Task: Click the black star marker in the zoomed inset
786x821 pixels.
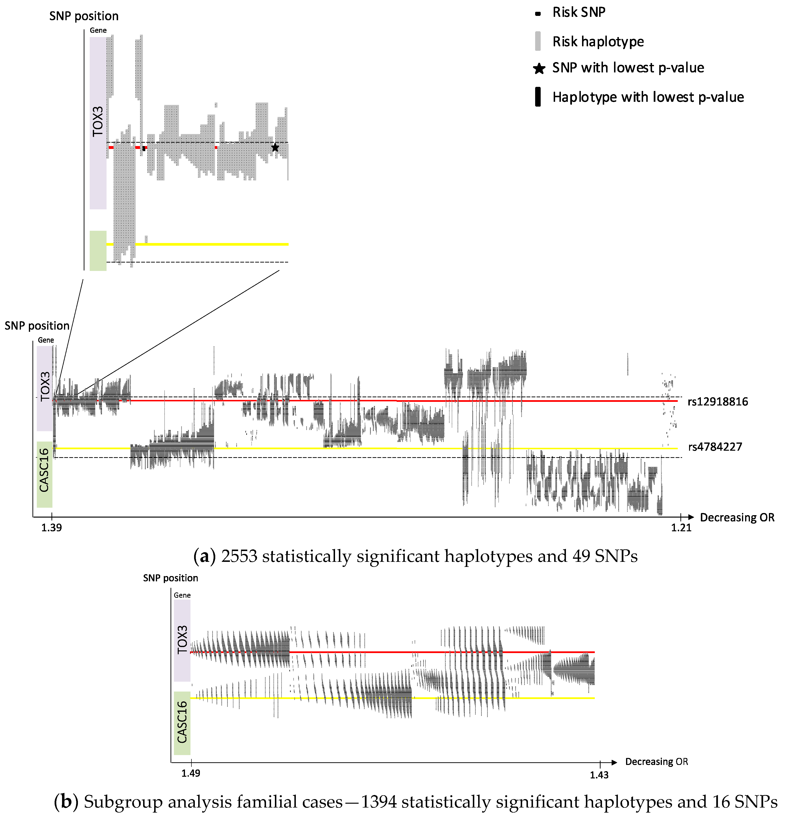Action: click(275, 148)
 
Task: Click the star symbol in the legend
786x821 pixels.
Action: click(539, 69)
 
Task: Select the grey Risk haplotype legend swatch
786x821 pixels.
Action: click(538, 41)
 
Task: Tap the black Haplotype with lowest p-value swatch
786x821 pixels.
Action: click(538, 97)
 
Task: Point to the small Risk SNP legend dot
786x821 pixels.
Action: click(538, 14)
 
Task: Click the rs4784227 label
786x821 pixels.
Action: click(715, 447)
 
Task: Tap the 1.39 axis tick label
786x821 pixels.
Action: click(51, 528)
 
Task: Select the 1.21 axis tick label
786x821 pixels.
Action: click(681, 528)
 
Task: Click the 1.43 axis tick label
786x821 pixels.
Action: click(599, 775)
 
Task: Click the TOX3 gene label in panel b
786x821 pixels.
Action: click(182, 640)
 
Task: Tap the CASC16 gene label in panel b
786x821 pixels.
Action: click(182, 722)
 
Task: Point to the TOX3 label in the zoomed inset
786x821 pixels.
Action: click(98, 122)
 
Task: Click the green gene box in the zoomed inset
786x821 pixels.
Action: click(98, 250)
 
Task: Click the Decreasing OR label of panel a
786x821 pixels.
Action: click(737, 518)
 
